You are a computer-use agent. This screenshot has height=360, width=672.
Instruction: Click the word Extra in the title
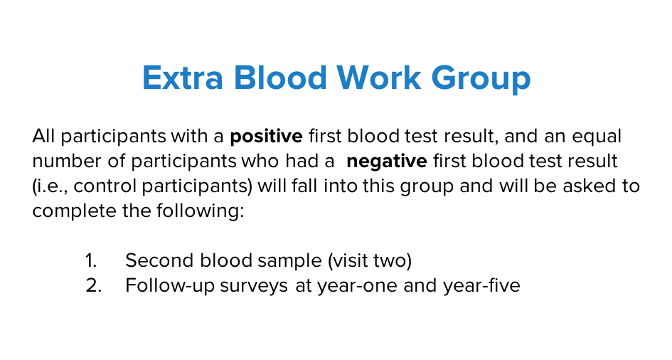(x=183, y=78)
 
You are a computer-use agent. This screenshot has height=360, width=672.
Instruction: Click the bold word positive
(x=266, y=137)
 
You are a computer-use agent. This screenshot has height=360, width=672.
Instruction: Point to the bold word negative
(x=387, y=162)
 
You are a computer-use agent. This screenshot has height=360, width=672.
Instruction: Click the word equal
(x=597, y=137)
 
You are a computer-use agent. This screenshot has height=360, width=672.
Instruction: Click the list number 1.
(x=91, y=260)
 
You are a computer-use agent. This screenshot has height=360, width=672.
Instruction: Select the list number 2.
(x=93, y=285)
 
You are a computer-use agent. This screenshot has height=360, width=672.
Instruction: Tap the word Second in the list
(x=159, y=260)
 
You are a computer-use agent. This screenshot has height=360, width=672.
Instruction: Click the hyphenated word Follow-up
(x=170, y=286)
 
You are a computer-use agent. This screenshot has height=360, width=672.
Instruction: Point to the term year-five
(x=481, y=286)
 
